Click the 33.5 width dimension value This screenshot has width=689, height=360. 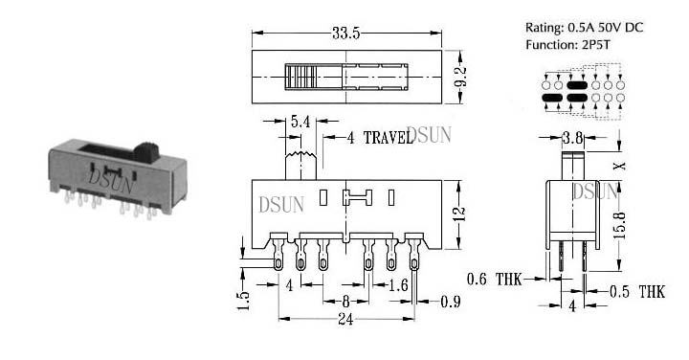(x=345, y=34)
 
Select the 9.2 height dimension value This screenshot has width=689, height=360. (x=461, y=78)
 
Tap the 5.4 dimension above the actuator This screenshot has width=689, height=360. (x=300, y=122)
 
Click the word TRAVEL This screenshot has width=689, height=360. (x=388, y=138)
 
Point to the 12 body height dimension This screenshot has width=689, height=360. (x=458, y=214)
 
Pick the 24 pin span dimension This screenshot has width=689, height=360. (x=345, y=319)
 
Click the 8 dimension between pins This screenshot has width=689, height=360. (x=345, y=302)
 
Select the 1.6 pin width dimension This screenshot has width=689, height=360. (x=398, y=285)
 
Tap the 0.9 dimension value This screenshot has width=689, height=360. (x=451, y=302)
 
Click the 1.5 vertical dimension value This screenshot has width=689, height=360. (x=243, y=301)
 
